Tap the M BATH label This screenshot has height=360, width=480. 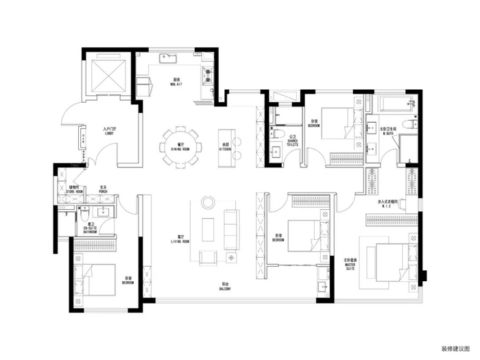click(388, 130)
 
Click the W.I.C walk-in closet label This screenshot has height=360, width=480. click(388, 203)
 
